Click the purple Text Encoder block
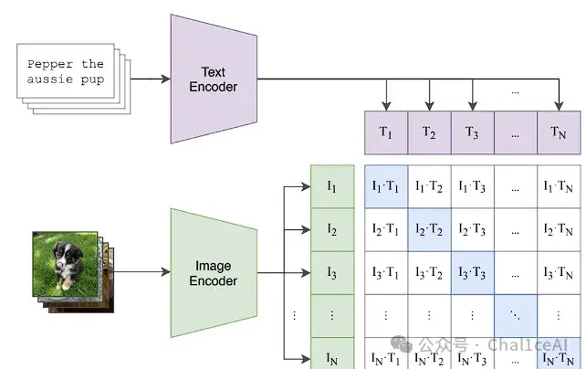pos(214,79)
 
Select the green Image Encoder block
pos(214,273)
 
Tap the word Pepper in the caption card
pos(50,64)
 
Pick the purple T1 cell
pos(386,132)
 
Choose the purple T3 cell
pos(473,132)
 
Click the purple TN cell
pos(559,132)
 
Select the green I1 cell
pos(332,186)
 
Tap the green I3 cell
pos(332,272)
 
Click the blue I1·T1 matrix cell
pos(386,186)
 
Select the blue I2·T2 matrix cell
pos(429,229)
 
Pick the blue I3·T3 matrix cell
pos(473,272)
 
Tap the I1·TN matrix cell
pos(559,186)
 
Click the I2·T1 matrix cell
pos(386,229)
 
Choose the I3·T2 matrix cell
pos(429,272)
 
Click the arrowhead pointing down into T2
pos(429,106)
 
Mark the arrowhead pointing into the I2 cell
pos(306,229)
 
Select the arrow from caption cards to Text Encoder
pos(151,79)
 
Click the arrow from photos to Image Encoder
pos(142,272)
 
